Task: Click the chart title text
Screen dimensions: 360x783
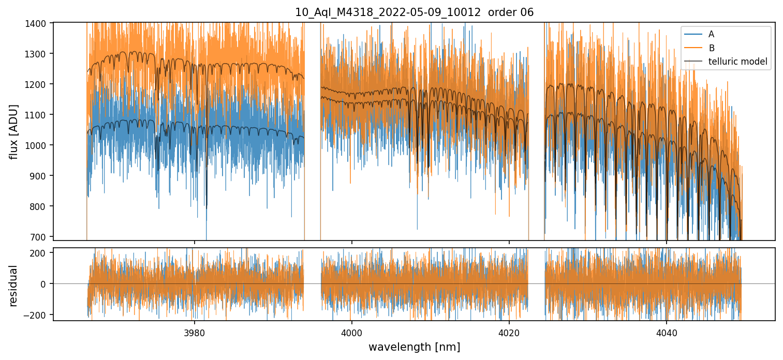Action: pyautogui.click(x=414, y=12)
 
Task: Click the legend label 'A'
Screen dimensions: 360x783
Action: pyautogui.click(x=711, y=34)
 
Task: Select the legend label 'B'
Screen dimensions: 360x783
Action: pyautogui.click(x=711, y=48)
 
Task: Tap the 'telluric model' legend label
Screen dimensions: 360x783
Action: pyautogui.click(x=737, y=62)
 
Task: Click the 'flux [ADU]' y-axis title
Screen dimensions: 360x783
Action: pyautogui.click(x=14, y=131)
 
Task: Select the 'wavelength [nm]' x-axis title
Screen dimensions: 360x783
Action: pyautogui.click(x=414, y=347)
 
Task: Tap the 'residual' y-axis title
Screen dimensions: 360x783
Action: pyautogui.click(x=14, y=286)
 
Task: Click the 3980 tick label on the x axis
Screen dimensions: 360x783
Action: pyautogui.click(x=195, y=332)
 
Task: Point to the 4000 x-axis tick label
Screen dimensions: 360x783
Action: pyautogui.click(x=352, y=332)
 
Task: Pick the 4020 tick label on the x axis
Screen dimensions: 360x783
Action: pyautogui.click(x=509, y=332)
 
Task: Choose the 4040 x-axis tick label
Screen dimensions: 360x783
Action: pyautogui.click(x=667, y=332)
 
